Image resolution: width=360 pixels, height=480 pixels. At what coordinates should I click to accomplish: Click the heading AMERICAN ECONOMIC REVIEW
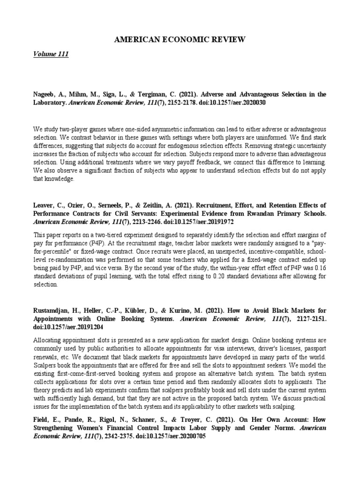coord(180,40)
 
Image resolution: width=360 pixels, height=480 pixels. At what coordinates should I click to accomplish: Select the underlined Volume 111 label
coord(51,54)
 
